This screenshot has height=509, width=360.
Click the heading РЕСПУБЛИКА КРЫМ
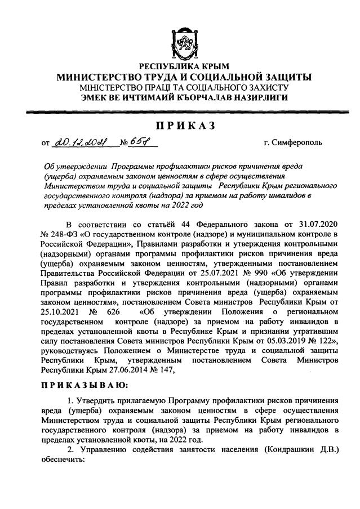pos(180,67)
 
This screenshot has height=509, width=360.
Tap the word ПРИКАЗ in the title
pos(180,124)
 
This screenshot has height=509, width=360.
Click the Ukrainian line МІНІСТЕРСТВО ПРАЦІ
pos(180,88)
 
